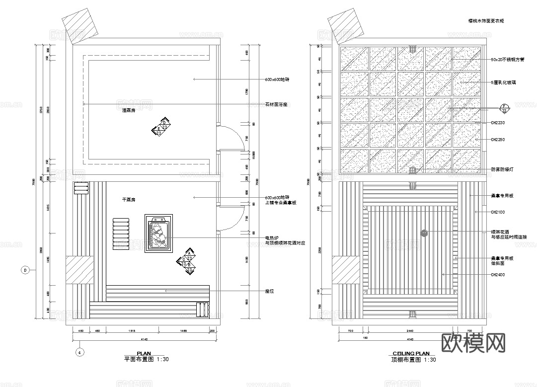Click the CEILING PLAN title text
pos(411,354)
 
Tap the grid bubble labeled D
pos(25,270)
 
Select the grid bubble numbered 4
pos(79,352)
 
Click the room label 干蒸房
pos(129,200)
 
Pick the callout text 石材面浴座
pos(277,104)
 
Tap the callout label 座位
pos(270,291)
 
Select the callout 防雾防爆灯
pos(502,169)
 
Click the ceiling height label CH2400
pos(498,275)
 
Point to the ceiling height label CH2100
pos(498,212)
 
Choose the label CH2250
pos(498,140)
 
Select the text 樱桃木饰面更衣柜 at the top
pos(486,21)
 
